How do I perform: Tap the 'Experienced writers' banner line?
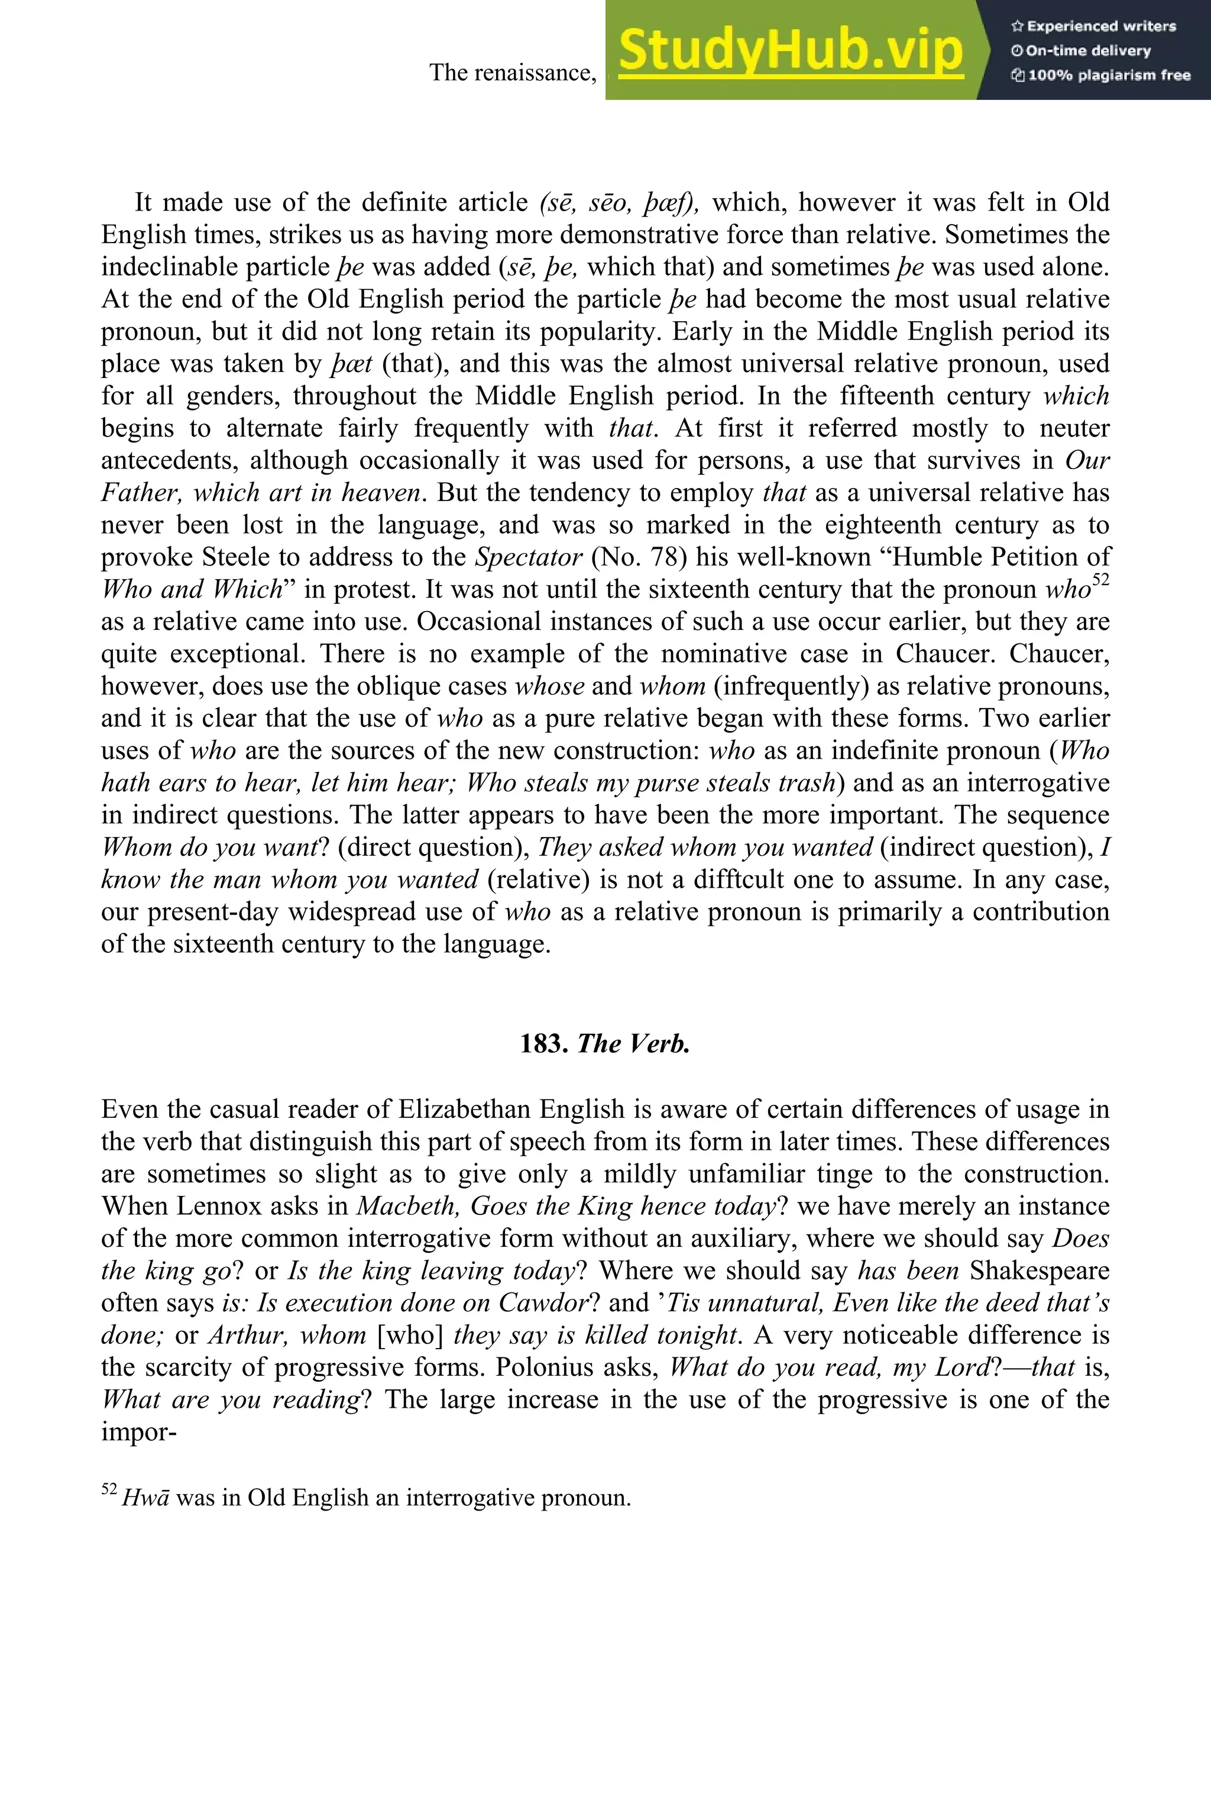tap(1093, 26)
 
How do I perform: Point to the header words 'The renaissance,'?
tap(514, 73)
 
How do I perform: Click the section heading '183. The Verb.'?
tap(605, 1044)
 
